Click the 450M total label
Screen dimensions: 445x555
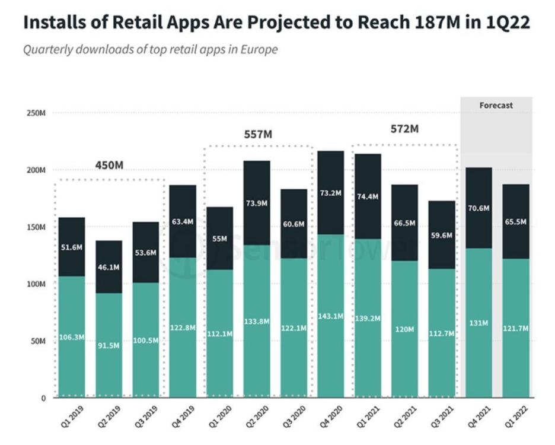pyautogui.click(x=109, y=165)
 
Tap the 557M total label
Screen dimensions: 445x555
pyautogui.click(x=258, y=135)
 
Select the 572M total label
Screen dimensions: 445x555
pyautogui.click(x=404, y=129)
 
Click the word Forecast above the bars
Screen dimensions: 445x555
pyautogui.click(x=496, y=106)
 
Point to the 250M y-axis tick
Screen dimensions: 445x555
pyautogui.click(x=37, y=113)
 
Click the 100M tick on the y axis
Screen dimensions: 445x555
pyautogui.click(x=37, y=284)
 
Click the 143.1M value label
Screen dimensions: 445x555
pyautogui.click(x=331, y=316)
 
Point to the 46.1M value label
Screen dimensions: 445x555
pyautogui.click(x=109, y=268)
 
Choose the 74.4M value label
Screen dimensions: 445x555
pyautogui.click(x=368, y=198)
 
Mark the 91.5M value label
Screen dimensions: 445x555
pyautogui.click(x=109, y=345)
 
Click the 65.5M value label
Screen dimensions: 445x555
pyautogui.click(x=515, y=221)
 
